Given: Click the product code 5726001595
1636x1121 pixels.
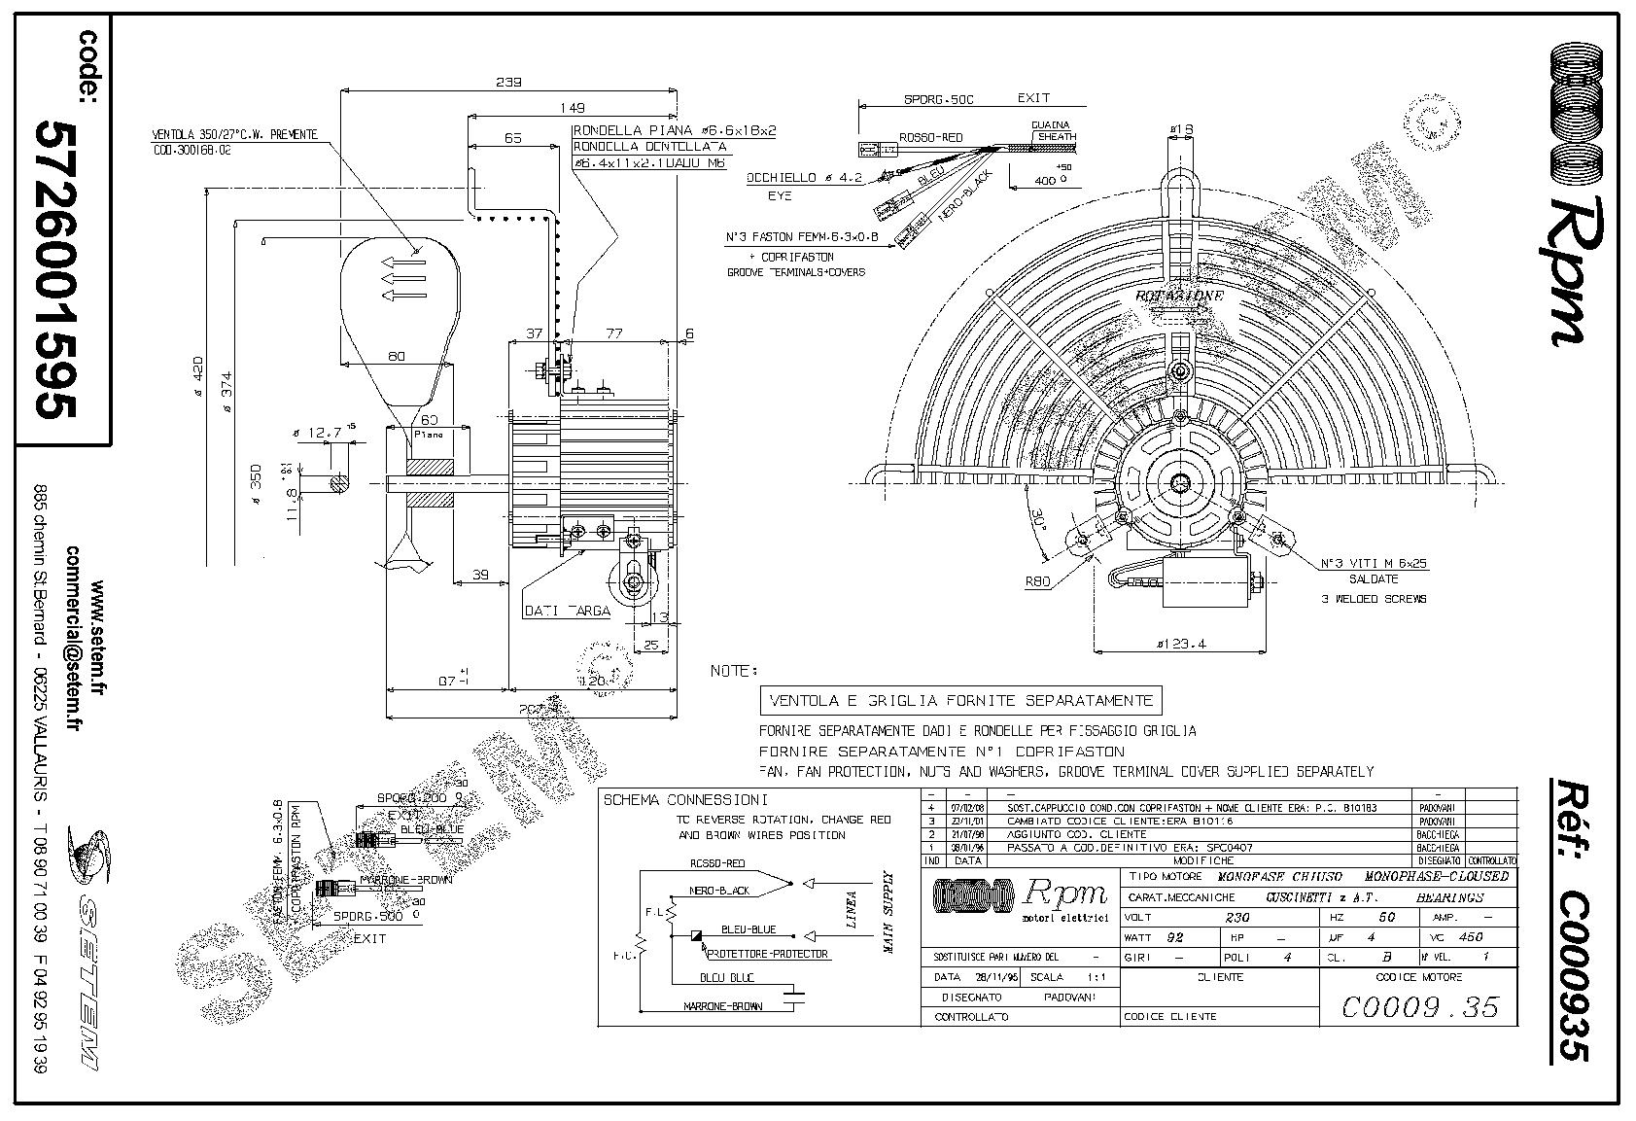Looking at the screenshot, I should click(x=54, y=269).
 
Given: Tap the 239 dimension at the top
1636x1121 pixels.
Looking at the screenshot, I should click(x=508, y=83).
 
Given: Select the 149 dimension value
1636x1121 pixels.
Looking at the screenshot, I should click(x=577, y=107).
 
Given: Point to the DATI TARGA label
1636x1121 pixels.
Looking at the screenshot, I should click(x=567, y=611).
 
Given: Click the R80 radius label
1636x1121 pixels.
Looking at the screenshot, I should click(x=1038, y=582).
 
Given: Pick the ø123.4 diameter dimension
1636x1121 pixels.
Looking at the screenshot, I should click(x=1179, y=643).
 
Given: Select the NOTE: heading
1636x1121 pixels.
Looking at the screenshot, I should click(x=733, y=671).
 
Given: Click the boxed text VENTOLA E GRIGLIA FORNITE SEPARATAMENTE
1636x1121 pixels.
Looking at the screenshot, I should click(x=960, y=700).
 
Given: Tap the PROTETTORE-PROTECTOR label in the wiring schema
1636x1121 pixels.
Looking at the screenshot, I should click(x=768, y=954).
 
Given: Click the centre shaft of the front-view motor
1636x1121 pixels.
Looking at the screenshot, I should click(x=1181, y=482).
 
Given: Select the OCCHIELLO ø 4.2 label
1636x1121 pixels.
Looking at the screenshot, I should click(x=804, y=178).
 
